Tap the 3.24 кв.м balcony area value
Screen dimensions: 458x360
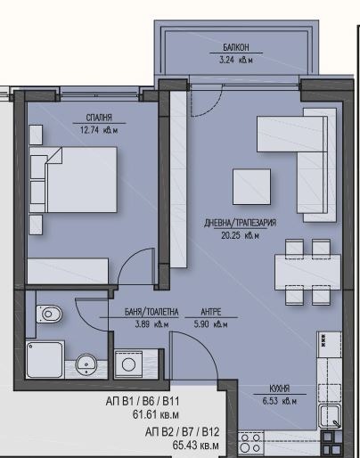tap(237, 61)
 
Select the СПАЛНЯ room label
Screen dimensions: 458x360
tap(99, 117)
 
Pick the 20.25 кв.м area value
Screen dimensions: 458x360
tap(240, 235)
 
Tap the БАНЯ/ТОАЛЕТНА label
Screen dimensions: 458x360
tap(151, 312)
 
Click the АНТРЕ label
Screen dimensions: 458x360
tap(210, 312)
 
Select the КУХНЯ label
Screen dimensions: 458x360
tap(279, 389)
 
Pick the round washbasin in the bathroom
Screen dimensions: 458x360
tap(86, 363)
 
